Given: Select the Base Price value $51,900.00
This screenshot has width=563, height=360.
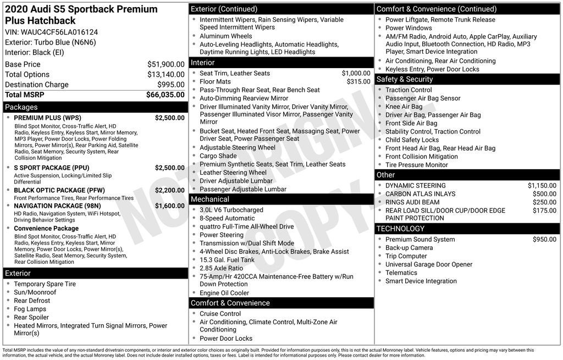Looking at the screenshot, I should [x=165, y=64].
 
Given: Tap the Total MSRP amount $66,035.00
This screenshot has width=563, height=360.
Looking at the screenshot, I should [x=165, y=95].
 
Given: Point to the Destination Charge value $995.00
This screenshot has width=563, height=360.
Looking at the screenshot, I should [x=171, y=85].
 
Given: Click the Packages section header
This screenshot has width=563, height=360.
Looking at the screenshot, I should [x=21, y=107].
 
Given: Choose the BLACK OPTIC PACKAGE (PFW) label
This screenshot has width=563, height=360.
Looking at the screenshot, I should [x=59, y=190].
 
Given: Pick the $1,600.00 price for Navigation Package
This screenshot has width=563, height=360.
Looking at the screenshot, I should [x=169, y=206].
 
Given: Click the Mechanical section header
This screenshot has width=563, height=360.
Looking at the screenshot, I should [x=209, y=199].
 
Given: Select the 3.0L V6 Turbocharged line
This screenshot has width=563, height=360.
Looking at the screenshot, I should [x=231, y=210].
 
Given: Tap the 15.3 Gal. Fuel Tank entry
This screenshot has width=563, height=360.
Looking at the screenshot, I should [x=227, y=260].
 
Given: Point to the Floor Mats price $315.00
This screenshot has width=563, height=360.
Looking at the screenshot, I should [x=358, y=82].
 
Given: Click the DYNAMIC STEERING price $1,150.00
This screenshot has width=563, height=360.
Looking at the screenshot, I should [x=542, y=186].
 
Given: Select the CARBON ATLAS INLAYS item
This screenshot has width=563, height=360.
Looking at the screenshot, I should [x=420, y=194].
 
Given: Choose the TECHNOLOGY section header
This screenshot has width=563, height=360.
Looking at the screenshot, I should [x=400, y=229].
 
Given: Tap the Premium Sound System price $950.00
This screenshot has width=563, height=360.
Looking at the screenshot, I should [x=544, y=240].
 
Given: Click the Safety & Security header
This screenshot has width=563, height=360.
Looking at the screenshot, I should [x=404, y=79].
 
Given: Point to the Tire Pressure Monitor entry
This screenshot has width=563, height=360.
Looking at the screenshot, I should [x=416, y=165].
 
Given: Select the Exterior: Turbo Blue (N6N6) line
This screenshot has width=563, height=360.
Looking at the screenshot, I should [x=51, y=42].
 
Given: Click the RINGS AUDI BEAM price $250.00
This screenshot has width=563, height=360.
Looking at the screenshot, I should [x=544, y=202].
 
